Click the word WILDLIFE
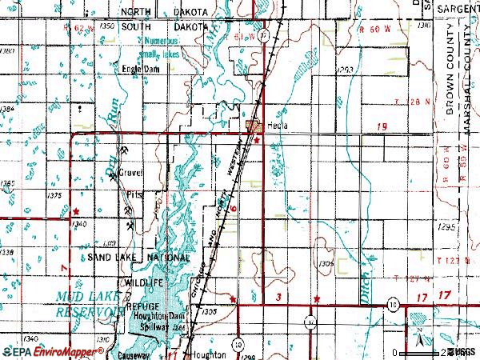(143, 283)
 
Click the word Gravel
(129, 172)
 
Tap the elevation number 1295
(446, 227)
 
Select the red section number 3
(278, 297)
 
